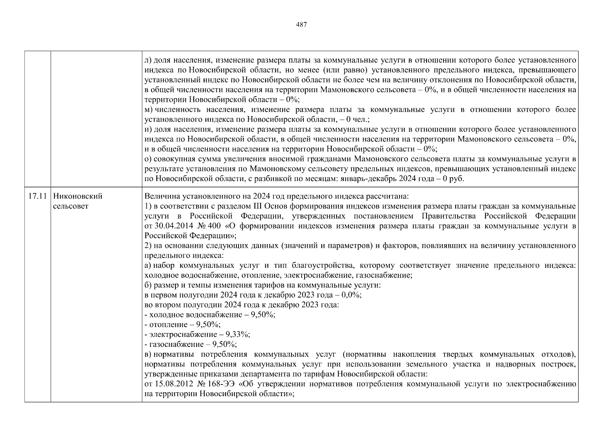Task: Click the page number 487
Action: click(301, 24)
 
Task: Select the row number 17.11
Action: click(37, 196)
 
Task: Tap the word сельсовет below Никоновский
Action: click(70, 206)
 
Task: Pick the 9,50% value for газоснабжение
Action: click(224, 344)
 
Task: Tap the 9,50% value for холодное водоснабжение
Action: click(263, 315)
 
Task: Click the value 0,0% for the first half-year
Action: click(351, 295)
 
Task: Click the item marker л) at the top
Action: click(148, 60)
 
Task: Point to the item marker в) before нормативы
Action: click(148, 354)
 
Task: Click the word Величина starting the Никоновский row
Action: click(159, 196)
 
